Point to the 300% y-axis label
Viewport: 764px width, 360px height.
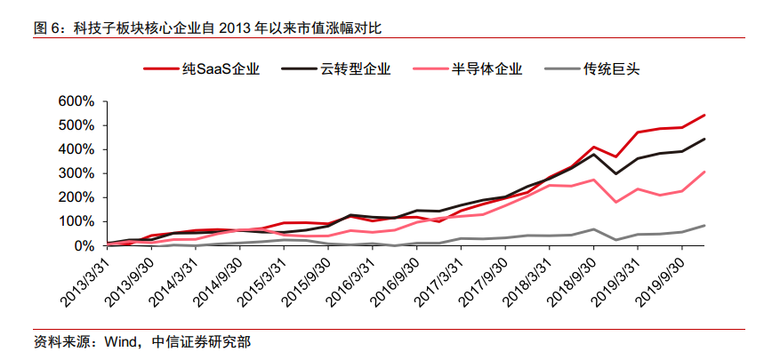pyautogui.click(x=74, y=173)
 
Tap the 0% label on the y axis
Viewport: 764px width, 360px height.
pyautogui.click(x=82, y=245)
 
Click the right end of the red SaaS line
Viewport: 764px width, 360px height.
pyautogui.click(x=705, y=115)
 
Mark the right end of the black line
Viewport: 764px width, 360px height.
pyautogui.click(x=705, y=139)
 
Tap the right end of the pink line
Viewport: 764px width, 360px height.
pyautogui.click(x=705, y=172)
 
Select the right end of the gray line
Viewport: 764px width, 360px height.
pyautogui.click(x=705, y=225)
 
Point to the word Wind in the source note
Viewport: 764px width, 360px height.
pyautogui.click(x=122, y=341)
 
